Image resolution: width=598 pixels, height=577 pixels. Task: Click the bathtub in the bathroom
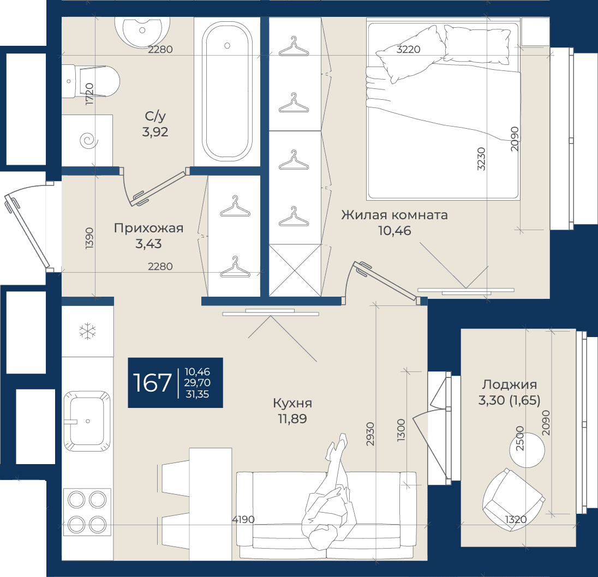(x=227, y=92)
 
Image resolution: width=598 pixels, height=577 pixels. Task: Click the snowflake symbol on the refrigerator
(x=87, y=331)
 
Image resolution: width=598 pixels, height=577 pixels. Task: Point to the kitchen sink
(x=87, y=420)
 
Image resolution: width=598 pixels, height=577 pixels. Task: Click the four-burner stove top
(x=87, y=512)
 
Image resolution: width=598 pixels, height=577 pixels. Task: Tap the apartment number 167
(x=152, y=383)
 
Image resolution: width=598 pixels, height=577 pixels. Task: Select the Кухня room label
(x=292, y=403)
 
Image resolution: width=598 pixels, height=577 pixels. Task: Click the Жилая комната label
(x=394, y=215)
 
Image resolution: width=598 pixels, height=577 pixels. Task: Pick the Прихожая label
(x=149, y=228)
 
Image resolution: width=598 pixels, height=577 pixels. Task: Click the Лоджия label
(x=510, y=384)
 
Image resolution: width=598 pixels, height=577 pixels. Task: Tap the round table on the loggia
(x=527, y=450)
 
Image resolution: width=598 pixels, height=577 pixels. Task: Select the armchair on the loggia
(x=513, y=500)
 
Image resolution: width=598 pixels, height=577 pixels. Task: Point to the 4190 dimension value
(x=243, y=519)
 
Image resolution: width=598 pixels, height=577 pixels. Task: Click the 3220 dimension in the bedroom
(x=409, y=49)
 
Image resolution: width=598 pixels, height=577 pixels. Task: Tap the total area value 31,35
(x=197, y=394)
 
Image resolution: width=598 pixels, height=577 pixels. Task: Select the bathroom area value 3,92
(x=155, y=132)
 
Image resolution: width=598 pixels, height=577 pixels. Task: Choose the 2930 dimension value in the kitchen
(x=370, y=434)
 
